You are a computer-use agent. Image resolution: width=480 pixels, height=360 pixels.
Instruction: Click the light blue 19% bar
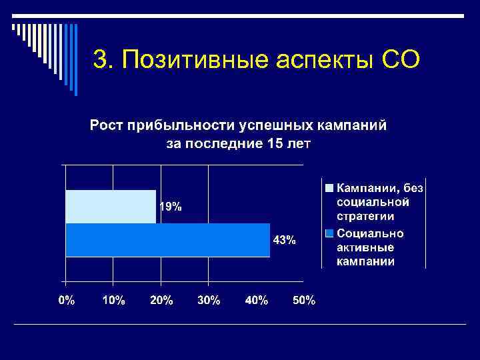pos(111,207)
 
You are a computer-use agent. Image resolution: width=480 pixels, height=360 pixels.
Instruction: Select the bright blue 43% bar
pos(167,239)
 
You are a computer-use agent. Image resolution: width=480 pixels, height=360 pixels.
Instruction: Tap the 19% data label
pos(169,207)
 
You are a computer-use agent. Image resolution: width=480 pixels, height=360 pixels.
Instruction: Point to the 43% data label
pos(285,240)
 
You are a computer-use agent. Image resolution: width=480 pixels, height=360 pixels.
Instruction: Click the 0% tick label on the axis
pos(67,301)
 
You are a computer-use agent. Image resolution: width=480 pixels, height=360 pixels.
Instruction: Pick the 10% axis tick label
pos(113,301)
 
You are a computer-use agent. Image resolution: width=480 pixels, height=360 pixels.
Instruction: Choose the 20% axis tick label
pos(161,301)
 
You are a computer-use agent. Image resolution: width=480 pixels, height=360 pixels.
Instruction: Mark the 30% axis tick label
pos(209,301)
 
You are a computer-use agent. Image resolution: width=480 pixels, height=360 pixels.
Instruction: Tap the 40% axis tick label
pos(257,301)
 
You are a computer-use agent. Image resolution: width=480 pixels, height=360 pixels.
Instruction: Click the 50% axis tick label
pos(304,301)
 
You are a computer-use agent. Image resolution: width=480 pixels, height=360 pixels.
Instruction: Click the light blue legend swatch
pos(329,188)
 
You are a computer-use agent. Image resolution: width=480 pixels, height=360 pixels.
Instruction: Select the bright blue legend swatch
pos(329,234)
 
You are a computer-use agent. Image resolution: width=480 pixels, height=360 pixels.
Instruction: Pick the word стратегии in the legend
pos(365,217)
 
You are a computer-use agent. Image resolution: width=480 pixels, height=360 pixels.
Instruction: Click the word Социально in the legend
pos(370,233)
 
